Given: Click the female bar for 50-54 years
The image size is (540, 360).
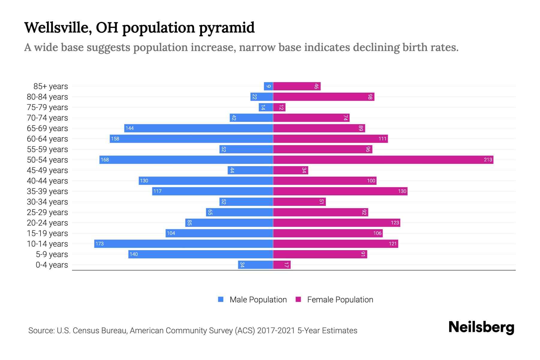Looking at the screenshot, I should tap(383, 160).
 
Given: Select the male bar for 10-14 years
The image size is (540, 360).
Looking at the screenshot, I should tap(184, 244).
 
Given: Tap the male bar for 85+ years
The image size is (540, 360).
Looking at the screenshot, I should tap(268, 86).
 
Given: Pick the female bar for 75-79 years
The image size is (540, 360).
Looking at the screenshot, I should tap(279, 107).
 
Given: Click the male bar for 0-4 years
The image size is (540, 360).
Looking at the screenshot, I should tap(255, 265).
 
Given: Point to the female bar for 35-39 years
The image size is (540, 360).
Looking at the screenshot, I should tap(340, 191).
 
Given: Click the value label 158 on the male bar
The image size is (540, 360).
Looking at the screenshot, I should tap(115, 139).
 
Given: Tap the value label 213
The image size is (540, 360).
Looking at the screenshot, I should tap(488, 160).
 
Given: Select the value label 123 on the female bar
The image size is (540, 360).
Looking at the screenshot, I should tap(395, 223).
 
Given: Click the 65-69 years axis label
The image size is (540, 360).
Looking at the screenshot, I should tap(47, 128).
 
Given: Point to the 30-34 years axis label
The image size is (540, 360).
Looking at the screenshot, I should tap(47, 202).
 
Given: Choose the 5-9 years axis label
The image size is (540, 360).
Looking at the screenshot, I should tap(52, 254).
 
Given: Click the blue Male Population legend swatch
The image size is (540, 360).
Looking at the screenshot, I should tap(221, 299).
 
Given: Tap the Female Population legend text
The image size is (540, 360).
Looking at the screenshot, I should tap(340, 300).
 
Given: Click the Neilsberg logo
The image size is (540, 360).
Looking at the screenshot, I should tap(481, 327).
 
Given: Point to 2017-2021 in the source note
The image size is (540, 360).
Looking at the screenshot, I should tap(276, 331).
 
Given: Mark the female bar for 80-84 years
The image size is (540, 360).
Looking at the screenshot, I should tap(324, 97).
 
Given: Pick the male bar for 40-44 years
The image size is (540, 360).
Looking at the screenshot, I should tap(206, 181).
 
